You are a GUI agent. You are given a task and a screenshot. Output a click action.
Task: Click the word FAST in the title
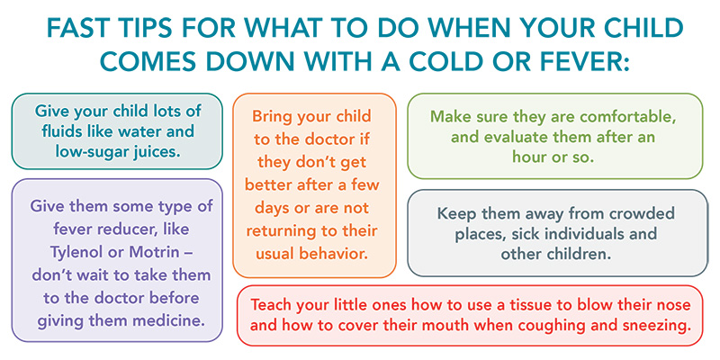click(x=76, y=29)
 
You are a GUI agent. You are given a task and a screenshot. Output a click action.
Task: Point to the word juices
click(x=156, y=151)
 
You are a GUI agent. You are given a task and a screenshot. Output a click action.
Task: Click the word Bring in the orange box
click(x=272, y=116)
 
